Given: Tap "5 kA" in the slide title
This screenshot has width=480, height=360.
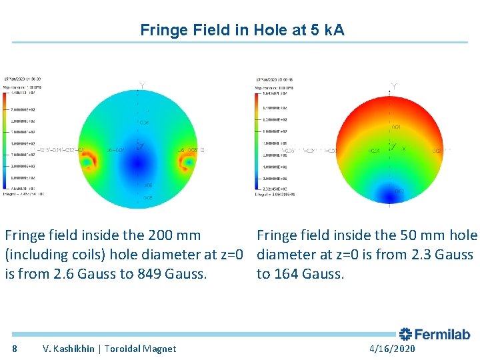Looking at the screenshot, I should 328,30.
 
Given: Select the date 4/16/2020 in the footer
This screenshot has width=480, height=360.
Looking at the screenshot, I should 392,349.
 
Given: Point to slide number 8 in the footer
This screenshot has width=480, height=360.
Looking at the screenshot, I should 15,349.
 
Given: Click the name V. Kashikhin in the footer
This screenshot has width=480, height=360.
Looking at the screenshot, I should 69,349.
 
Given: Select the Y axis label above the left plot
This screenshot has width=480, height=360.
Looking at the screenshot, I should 141,85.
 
